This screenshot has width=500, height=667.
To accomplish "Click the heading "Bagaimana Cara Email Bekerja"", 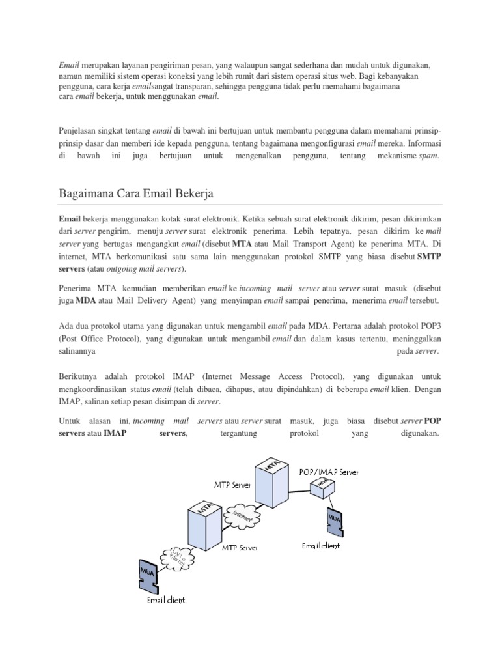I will click(136, 194).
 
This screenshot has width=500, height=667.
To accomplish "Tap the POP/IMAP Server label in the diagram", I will click(328, 471).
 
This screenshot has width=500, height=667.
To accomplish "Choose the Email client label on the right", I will click(320, 545).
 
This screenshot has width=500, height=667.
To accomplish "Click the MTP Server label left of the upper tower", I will click(233, 485).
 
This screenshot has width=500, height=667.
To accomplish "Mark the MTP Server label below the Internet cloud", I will click(240, 548).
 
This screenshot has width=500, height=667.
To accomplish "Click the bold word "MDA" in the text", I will click(86, 300).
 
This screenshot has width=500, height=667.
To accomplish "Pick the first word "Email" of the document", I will click(69, 66).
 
